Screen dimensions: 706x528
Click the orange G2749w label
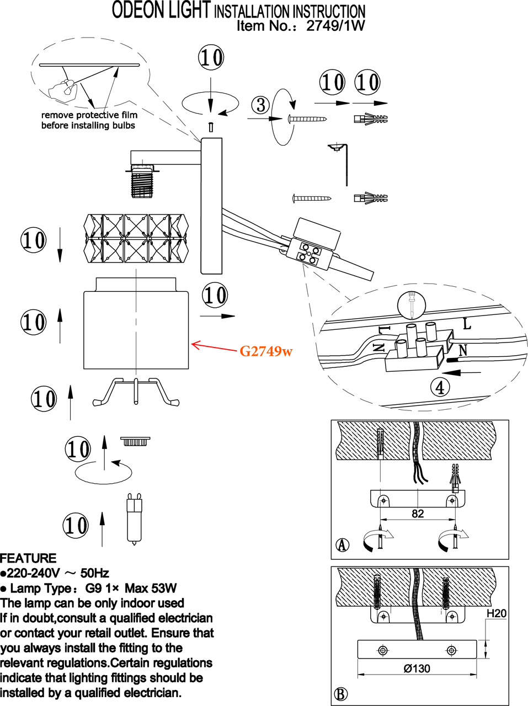(266, 351)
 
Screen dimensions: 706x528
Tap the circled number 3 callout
(260, 104)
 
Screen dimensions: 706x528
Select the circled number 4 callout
(440, 387)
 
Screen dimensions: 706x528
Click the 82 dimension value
(418, 514)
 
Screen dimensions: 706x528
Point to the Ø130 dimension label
(417, 668)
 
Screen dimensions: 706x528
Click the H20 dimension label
(496, 613)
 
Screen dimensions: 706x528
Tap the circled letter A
(343, 544)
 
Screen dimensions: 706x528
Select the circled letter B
(341, 694)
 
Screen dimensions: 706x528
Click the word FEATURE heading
(28, 558)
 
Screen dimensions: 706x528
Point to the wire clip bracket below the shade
(136, 391)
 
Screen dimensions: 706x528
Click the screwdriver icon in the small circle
(412, 305)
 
